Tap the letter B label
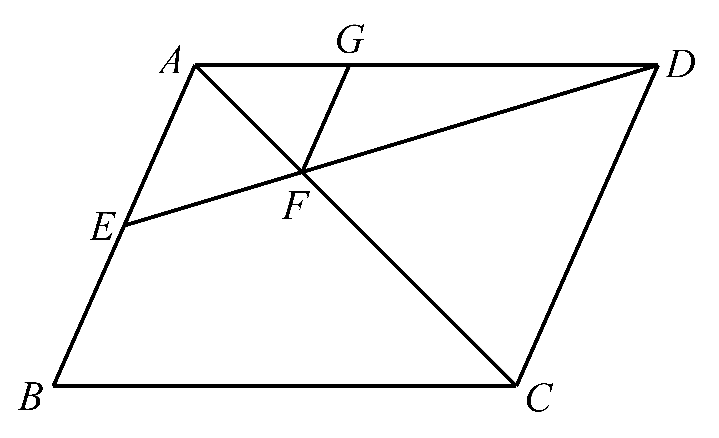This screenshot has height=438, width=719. (30, 396)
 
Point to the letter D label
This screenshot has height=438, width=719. (680, 63)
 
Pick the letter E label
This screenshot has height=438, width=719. (103, 226)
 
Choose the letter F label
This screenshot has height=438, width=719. (296, 205)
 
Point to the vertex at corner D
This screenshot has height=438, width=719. (658, 65)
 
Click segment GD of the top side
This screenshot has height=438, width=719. (503, 65)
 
